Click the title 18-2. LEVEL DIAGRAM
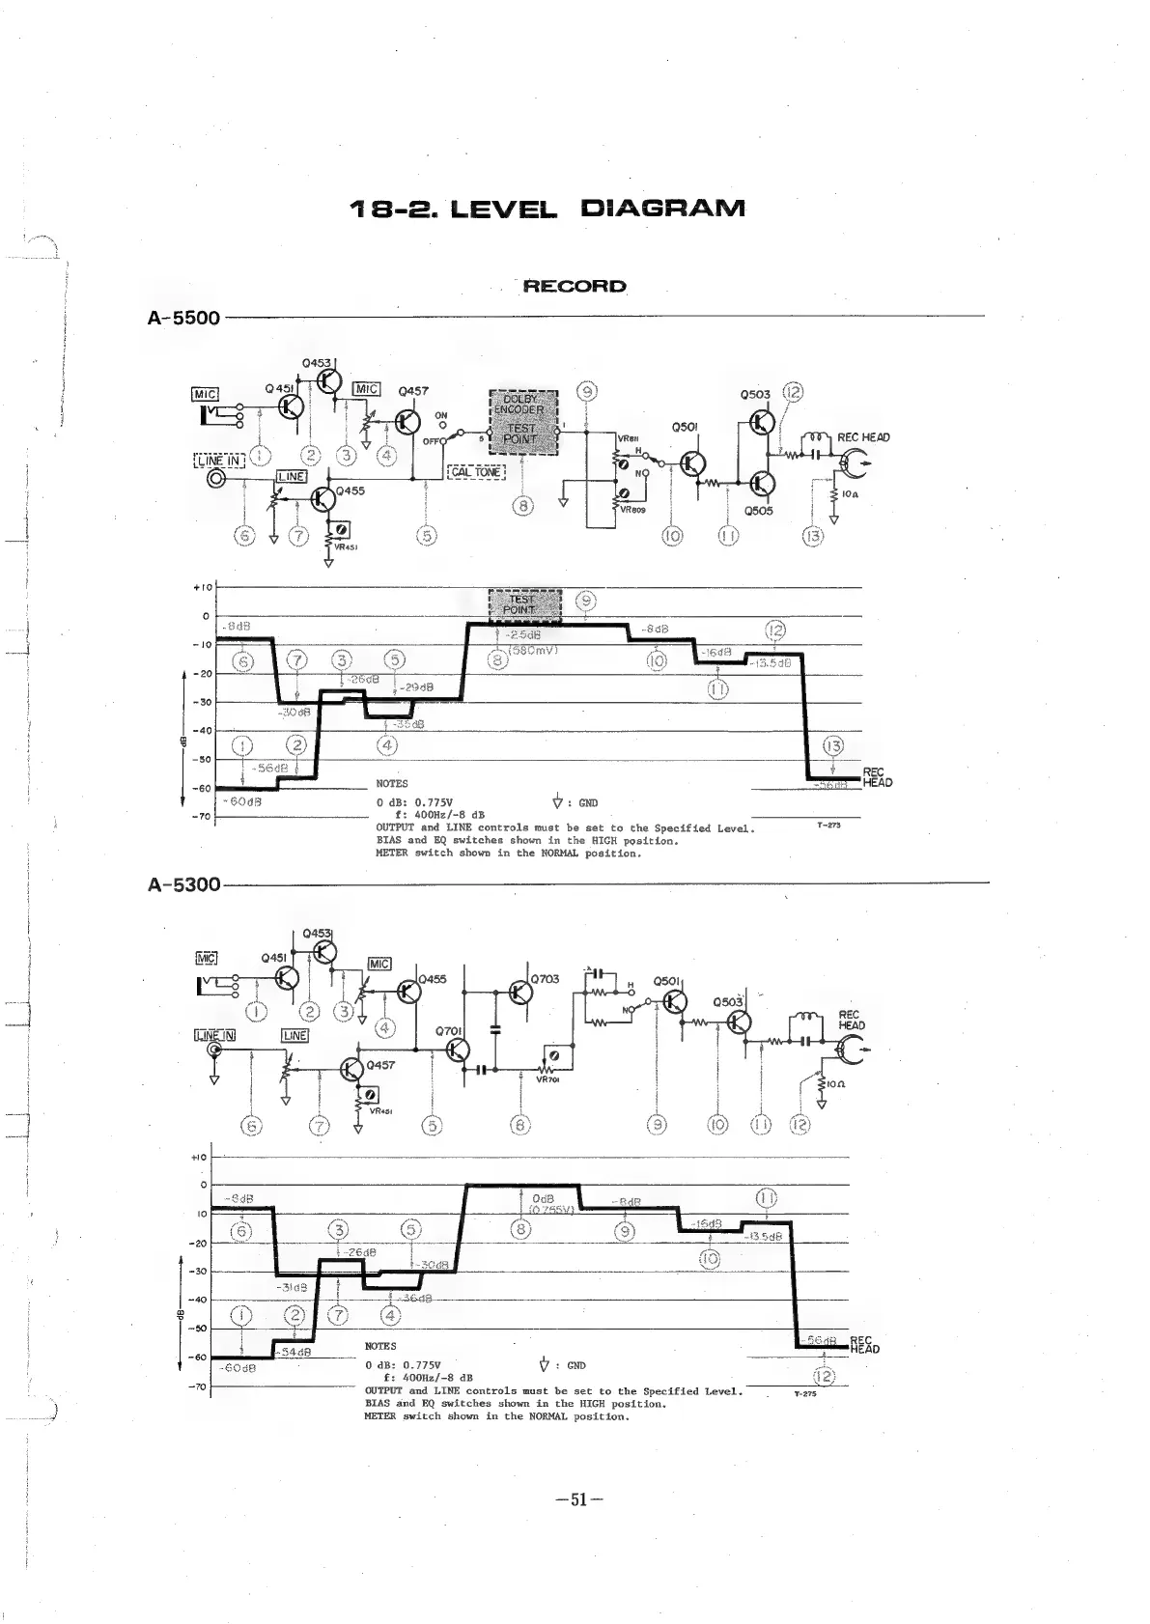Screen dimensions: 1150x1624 (547, 209)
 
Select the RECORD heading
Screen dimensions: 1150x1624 (575, 287)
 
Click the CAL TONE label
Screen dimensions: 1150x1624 (476, 472)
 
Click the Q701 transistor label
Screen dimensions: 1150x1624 (449, 1030)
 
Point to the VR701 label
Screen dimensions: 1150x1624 (547, 1080)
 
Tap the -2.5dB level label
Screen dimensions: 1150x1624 (524, 635)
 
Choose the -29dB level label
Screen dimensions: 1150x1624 (418, 687)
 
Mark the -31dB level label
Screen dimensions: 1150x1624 (292, 1288)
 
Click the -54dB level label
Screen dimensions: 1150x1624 (295, 1352)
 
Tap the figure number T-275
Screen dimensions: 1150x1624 (805, 1394)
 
